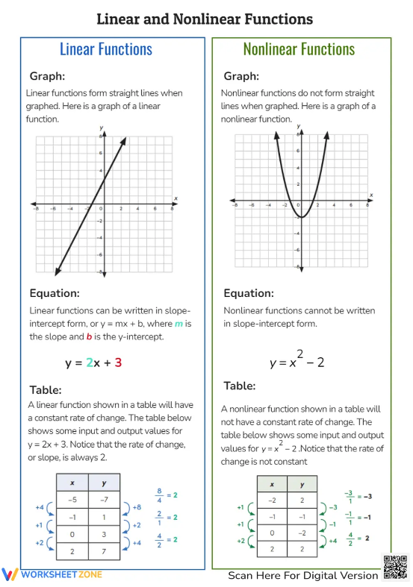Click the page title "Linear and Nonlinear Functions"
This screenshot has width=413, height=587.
[x=205, y=19]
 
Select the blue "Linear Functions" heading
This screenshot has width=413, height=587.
[x=105, y=49]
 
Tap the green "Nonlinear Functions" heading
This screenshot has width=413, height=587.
[x=299, y=49]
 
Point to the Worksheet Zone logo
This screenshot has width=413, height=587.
[x=52, y=574]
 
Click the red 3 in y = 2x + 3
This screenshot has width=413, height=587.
[x=118, y=363]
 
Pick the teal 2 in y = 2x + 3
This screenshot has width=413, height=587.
[x=89, y=363]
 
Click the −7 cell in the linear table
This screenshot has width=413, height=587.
[x=104, y=500]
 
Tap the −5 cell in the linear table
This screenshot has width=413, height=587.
[x=72, y=500]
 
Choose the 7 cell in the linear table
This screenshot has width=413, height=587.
[x=104, y=550]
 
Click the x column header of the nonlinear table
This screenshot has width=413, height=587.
[x=272, y=484]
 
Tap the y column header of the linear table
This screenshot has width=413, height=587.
[x=104, y=483]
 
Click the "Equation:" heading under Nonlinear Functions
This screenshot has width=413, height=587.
[x=248, y=293]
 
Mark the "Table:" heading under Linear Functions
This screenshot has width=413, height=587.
[x=46, y=390]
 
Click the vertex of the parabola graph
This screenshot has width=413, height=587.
[x=299, y=217]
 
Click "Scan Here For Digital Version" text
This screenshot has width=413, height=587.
[x=303, y=575]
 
